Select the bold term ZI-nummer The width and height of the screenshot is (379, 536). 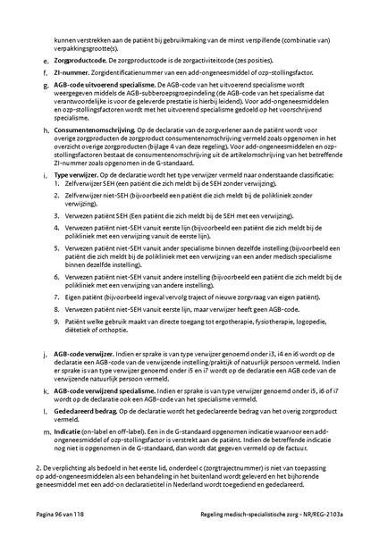point(72,72)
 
